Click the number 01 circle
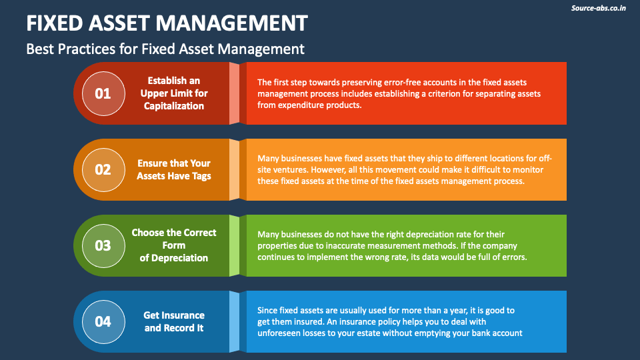click(x=103, y=93)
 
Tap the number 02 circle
click(x=103, y=169)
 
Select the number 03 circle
click(x=103, y=245)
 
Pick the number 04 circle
click(x=103, y=321)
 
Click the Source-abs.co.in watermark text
click(x=599, y=8)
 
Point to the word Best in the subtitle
click(x=40, y=49)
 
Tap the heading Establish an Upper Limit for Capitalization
click(x=174, y=93)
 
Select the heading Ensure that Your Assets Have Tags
click(x=173, y=169)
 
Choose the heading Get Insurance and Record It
click(x=174, y=321)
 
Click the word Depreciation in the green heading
click(x=178, y=258)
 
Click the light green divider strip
click(x=234, y=245)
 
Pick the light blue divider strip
click(x=234, y=321)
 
